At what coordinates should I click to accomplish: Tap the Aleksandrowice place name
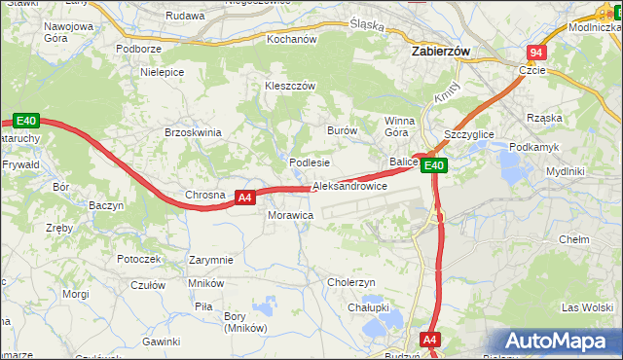pyautogui.click(x=350, y=186)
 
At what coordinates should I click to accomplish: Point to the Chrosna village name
pyautogui.click(x=205, y=195)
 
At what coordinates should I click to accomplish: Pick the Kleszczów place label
pyautogui.click(x=290, y=86)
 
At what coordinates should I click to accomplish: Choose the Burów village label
pyautogui.click(x=343, y=130)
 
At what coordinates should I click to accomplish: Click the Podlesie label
pyautogui.click(x=311, y=162)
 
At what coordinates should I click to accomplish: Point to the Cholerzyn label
pyautogui.click(x=351, y=282)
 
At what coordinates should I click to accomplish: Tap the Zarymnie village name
pyautogui.click(x=211, y=260)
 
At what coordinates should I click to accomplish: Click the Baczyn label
pyautogui.click(x=106, y=206)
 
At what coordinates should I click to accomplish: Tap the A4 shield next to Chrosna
pyautogui.click(x=245, y=197)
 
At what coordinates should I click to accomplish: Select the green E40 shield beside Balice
pyautogui.click(x=434, y=166)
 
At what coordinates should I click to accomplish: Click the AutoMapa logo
pyautogui.click(x=560, y=342)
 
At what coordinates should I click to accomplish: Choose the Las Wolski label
pyautogui.click(x=586, y=307)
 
